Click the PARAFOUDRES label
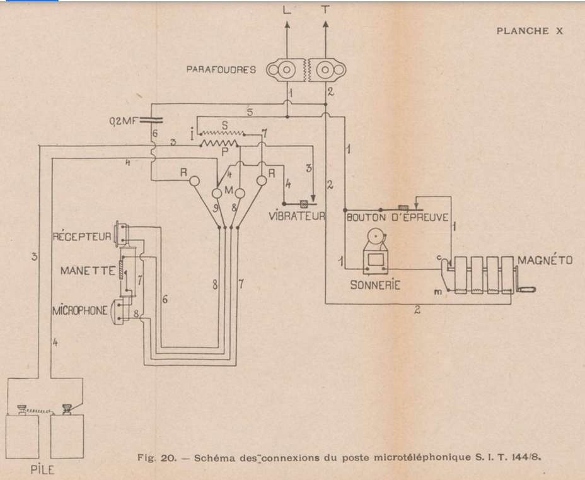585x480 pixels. (221, 69)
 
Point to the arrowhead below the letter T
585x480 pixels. (325, 25)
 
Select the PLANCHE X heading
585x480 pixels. (529, 31)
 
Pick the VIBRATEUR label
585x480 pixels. (296, 216)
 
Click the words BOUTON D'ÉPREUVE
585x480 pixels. (398, 217)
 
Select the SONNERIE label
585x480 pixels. (374, 284)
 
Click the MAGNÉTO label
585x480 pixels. (545, 260)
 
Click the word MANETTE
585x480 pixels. (88, 271)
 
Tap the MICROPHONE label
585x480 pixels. (80, 312)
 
